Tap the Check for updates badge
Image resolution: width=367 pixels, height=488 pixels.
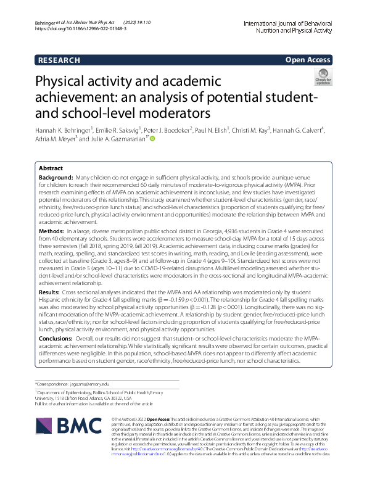(322, 77)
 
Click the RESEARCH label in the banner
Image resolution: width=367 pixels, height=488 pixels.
(59, 60)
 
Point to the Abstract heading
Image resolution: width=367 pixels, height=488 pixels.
(51, 168)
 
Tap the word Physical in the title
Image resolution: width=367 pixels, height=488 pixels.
(69, 83)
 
